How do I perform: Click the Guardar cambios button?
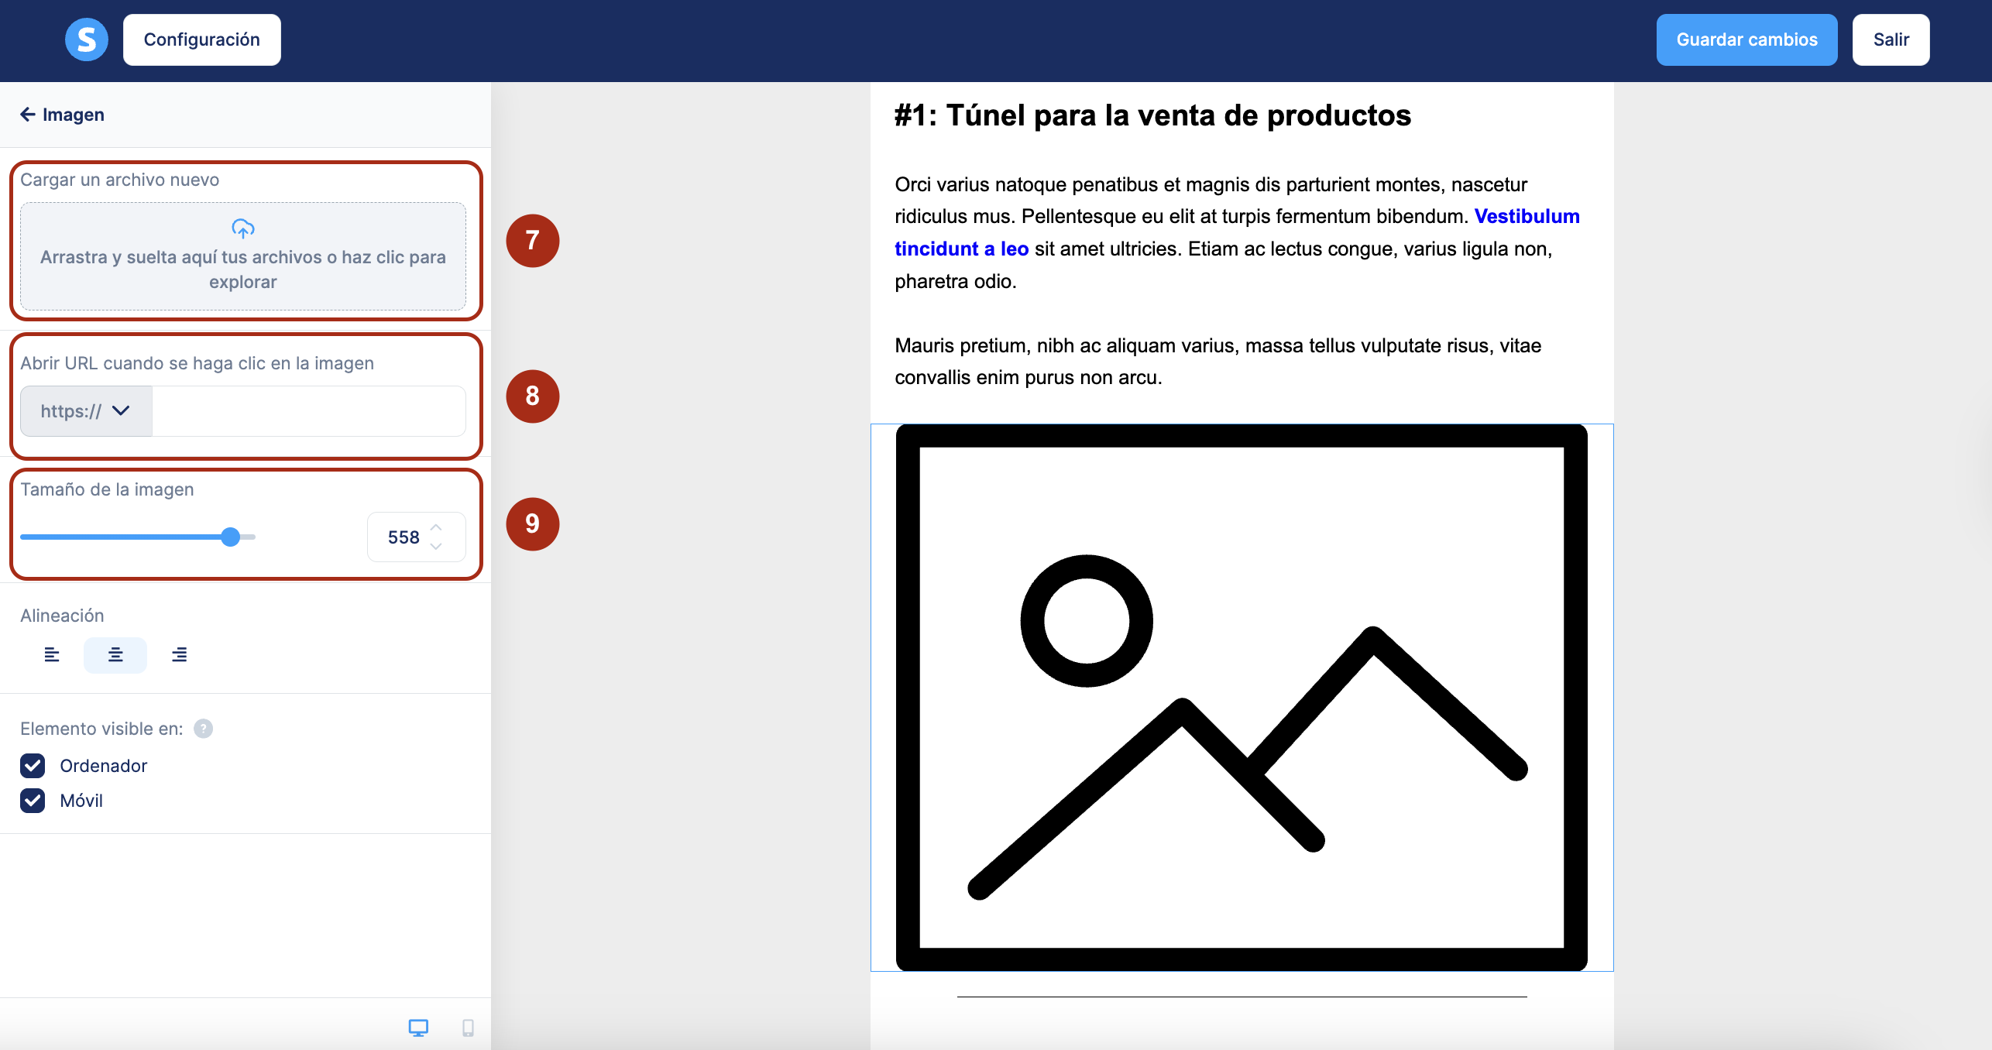[x=1746, y=39]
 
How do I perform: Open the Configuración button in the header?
[x=201, y=39]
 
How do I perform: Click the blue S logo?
[x=87, y=39]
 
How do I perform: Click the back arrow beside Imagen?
[x=28, y=115]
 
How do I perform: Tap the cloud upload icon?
[x=243, y=228]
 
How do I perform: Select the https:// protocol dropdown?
[x=86, y=411]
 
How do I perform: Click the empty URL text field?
[x=308, y=411]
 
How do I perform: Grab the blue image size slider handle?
[x=230, y=537]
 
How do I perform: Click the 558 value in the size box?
[x=404, y=537]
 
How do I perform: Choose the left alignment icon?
[x=52, y=655]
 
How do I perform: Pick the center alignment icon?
[x=115, y=655]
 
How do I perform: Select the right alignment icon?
[x=179, y=655]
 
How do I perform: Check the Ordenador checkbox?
[x=33, y=766]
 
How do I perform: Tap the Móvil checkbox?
[x=33, y=801]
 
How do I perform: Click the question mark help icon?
[x=203, y=729]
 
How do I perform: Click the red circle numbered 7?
[x=533, y=241]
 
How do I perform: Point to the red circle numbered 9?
[x=533, y=524]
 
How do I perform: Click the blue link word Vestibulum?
[x=1527, y=216]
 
